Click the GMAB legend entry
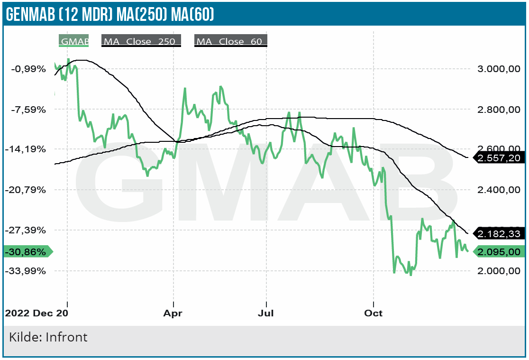tap(74, 41)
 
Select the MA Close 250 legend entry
tap(141, 41)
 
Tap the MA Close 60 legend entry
tap(230, 41)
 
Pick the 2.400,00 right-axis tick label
tap(495, 190)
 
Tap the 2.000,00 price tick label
tap(495, 271)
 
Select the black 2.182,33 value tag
tap(499, 234)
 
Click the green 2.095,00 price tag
tap(499, 252)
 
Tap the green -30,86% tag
tap(27, 252)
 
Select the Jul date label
tap(266, 314)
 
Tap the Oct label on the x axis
tap(373, 314)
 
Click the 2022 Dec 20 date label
tap(36, 314)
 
